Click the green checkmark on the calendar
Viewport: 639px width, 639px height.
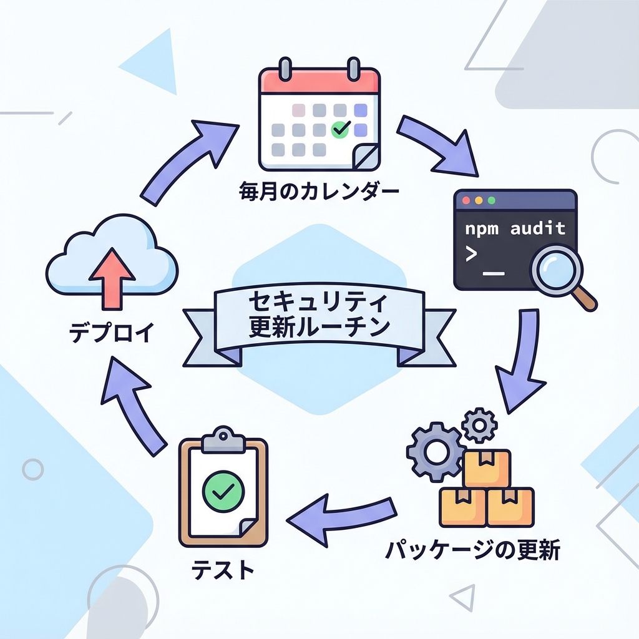click(x=340, y=129)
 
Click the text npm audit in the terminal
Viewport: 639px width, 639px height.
click(x=515, y=228)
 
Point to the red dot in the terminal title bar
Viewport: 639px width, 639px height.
click(x=466, y=201)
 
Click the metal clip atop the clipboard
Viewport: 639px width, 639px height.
click(x=222, y=439)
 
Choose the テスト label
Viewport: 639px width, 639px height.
click(x=222, y=570)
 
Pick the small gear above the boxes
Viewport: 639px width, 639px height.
click(x=479, y=425)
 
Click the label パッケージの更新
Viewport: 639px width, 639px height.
click(x=472, y=551)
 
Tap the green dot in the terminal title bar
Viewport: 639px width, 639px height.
click(x=491, y=201)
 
